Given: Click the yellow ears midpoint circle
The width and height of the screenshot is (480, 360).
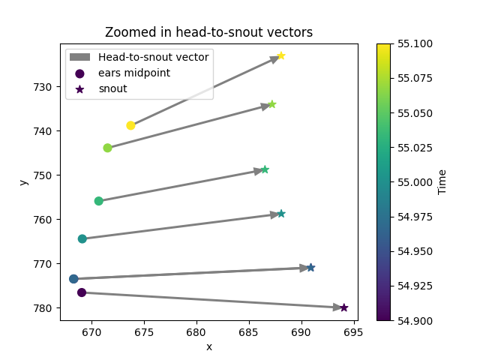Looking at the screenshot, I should point(130,125).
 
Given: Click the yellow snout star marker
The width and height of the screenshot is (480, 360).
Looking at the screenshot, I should point(281,55).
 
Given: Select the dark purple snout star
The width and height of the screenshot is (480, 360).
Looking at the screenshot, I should point(343,307).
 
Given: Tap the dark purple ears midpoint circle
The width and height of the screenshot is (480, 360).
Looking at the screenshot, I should point(82,292).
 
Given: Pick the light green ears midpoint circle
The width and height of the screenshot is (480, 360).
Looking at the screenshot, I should point(107,148).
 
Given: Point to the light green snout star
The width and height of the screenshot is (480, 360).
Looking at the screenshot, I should point(272,104).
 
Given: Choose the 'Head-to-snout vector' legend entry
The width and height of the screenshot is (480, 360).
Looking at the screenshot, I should point(154,57).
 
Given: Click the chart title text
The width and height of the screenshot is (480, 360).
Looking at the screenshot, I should point(208,32).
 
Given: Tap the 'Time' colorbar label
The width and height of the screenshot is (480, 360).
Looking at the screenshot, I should point(442,181).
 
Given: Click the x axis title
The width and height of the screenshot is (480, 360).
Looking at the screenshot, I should point(208,346).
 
